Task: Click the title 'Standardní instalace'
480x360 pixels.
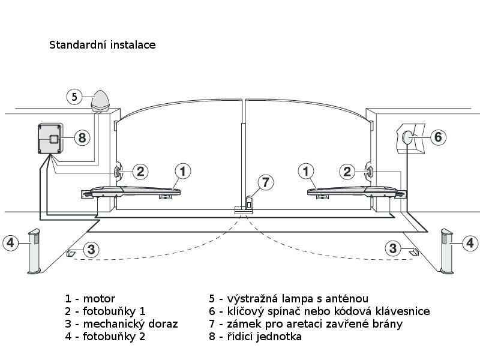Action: [102, 45]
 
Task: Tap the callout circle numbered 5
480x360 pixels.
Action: [74, 96]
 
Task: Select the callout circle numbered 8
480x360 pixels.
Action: [82, 138]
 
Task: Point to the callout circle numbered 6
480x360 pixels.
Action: [437, 137]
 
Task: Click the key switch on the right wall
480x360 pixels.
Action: [409, 137]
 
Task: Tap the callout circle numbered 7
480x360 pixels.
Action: [265, 181]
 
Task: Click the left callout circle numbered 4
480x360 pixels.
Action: [10, 243]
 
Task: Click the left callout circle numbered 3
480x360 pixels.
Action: [90, 249]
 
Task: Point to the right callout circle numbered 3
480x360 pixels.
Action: [393, 248]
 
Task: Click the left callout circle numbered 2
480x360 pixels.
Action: [140, 172]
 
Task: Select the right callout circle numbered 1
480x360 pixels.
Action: [307, 172]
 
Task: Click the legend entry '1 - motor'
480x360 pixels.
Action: [90, 299]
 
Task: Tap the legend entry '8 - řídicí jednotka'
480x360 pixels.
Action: [255, 337]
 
